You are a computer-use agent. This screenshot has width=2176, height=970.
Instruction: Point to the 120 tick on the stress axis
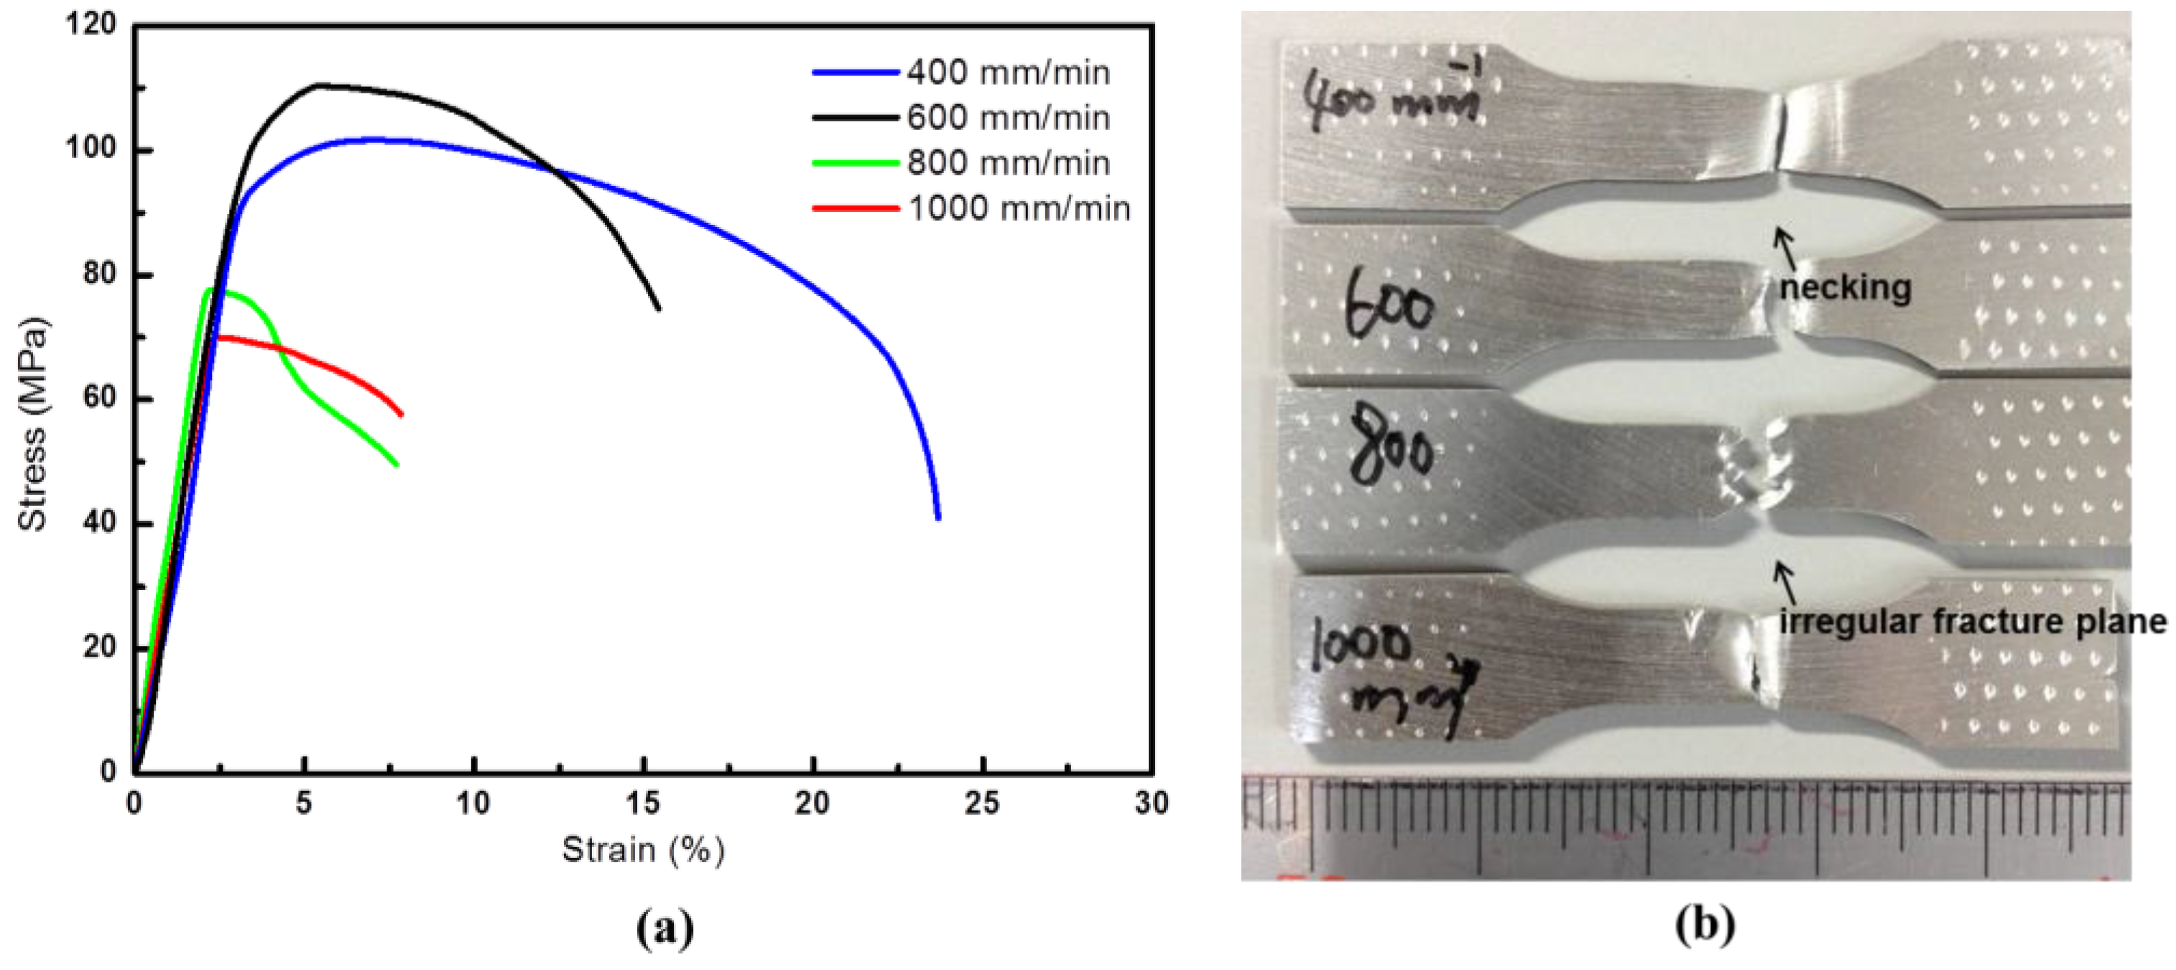pyautogui.click(x=91, y=24)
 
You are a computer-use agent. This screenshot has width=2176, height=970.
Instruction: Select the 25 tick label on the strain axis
pyautogui.click(x=981, y=803)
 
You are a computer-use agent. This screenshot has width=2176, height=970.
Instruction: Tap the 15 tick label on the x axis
pyautogui.click(x=643, y=803)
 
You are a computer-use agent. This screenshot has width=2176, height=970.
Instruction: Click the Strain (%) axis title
pyautogui.click(x=643, y=850)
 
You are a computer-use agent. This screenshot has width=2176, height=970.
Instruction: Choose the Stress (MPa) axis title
pyautogui.click(x=32, y=424)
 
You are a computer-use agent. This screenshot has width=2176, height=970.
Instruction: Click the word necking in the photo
pyautogui.click(x=1845, y=288)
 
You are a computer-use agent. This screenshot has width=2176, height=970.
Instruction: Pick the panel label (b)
pyautogui.click(x=1705, y=925)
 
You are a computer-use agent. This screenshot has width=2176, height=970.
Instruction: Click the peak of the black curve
pyautogui.click(x=319, y=85)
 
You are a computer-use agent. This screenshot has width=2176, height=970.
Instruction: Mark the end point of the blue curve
pyautogui.click(x=938, y=518)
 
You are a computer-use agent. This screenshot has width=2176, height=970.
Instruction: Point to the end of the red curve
pyautogui.click(x=402, y=414)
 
